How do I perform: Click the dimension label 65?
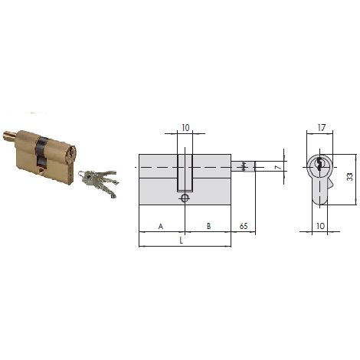pos(244,226)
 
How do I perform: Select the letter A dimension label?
pos(161,226)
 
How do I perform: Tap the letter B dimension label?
pos(208,226)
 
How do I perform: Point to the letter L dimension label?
pos(182,241)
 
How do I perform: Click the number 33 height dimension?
pos(350,177)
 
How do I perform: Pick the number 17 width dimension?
pos(322,128)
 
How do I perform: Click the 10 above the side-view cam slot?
pos(186,128)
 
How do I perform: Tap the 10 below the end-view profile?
pos(320,226)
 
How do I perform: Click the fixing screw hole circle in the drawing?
pos(185,198)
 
